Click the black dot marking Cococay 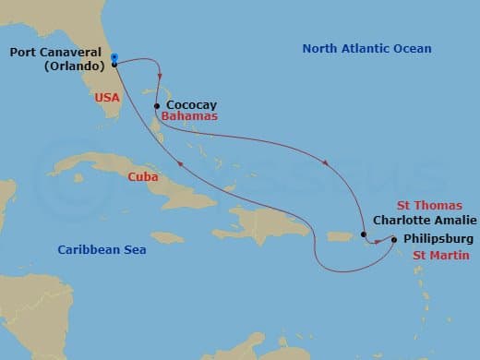coord(157,105)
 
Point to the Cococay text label coord(192,106)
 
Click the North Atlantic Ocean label coord(366,49)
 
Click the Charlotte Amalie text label coord(425,221)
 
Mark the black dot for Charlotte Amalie coord(365,234)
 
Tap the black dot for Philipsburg coord(394,240)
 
